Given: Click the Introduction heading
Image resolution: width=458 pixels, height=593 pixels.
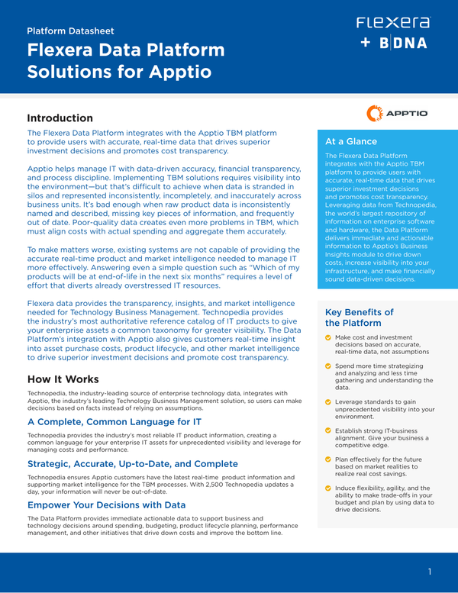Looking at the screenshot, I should (x=60, y=118).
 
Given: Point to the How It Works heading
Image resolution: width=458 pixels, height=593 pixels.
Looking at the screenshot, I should (x=63, y=379).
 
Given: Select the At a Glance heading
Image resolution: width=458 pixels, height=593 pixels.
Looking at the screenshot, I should (x=350, y=141).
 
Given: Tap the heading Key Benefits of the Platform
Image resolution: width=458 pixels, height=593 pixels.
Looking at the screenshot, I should (x=359, y=317).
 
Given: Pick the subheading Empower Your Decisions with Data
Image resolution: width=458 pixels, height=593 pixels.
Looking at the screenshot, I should (x=106, y=504).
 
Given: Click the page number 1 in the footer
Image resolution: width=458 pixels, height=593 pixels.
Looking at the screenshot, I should (x=430, y=572).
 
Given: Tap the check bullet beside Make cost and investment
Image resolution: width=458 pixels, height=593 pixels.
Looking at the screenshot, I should (x=328, y=337).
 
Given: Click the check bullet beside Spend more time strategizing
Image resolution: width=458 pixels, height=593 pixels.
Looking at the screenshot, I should (x=328, y=367).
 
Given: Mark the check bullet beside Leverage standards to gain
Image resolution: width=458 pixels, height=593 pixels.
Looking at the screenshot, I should (x=328, y=402).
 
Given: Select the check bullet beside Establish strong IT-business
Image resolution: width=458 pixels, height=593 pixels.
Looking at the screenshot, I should (x=328, y=432).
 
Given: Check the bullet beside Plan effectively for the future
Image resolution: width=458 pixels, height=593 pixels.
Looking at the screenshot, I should (x=328, y=460).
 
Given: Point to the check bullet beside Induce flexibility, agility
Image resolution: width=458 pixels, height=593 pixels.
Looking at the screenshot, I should (x=328, y=488).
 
